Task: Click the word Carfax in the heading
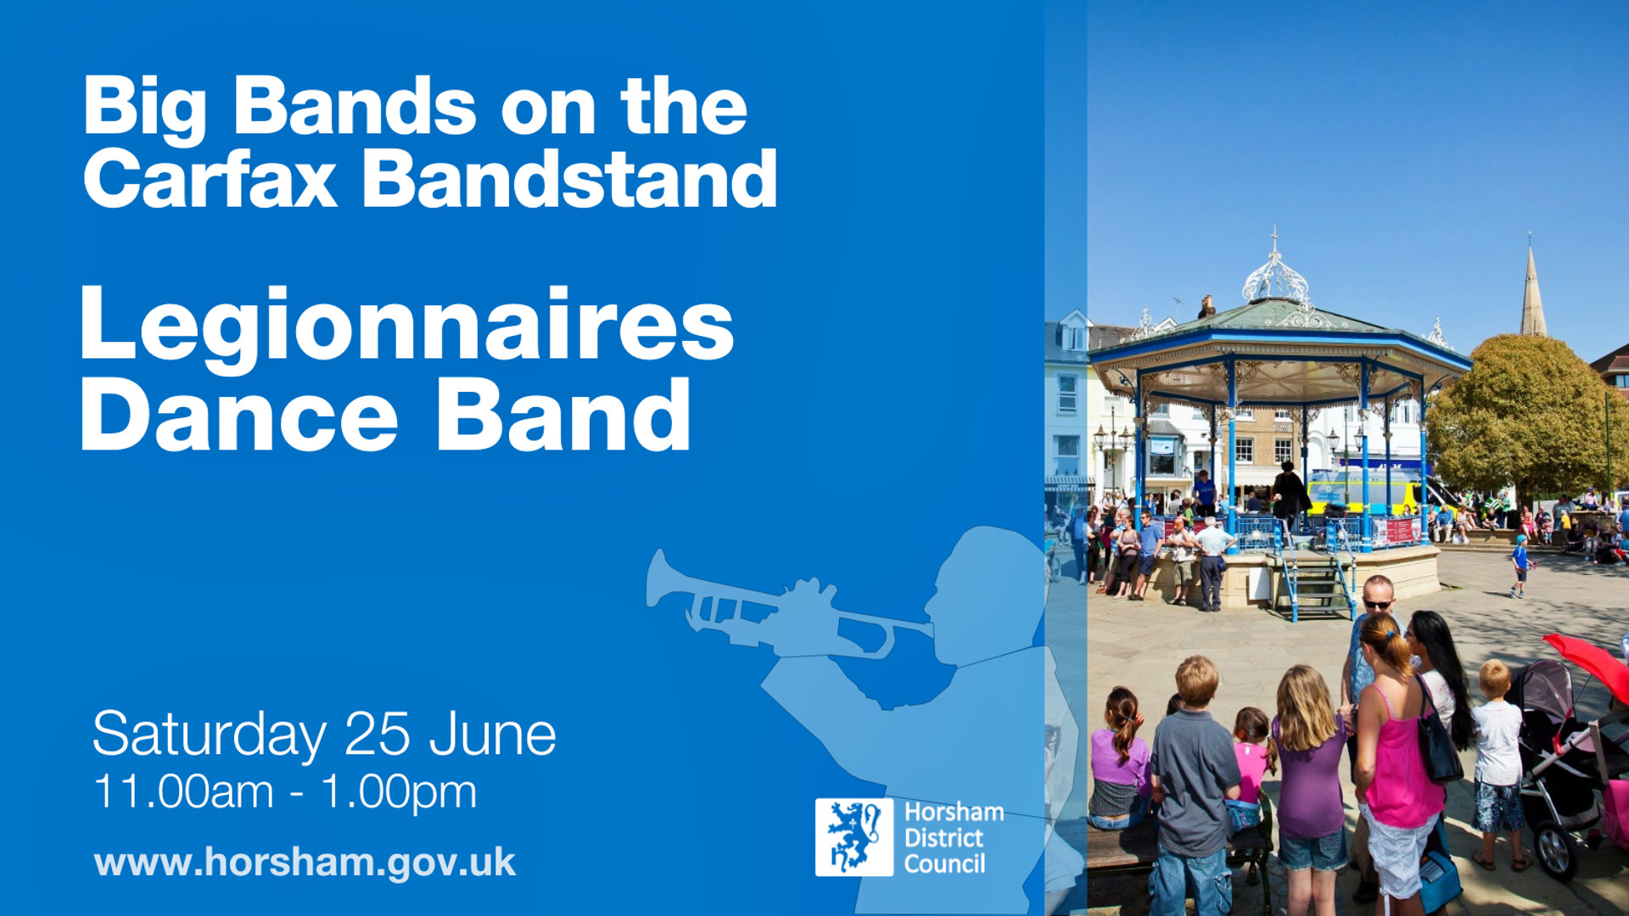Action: (210, 180)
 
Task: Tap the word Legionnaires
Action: (406, 326)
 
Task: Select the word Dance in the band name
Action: (239, 416)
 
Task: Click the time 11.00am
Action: (183, 792)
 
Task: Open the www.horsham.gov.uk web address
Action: (305, 863)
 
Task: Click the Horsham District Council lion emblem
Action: (854, 837)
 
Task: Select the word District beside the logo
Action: (943, 838)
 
